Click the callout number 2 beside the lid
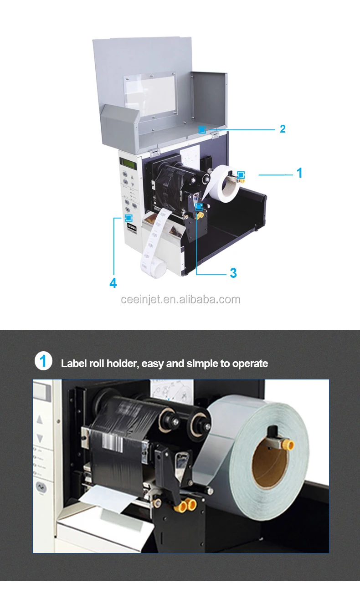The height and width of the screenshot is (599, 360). point(283,129)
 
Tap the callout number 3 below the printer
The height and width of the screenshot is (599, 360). point(233,273)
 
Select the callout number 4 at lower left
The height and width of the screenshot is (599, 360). point(113,283)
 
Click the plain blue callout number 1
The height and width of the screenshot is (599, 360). point(299,173)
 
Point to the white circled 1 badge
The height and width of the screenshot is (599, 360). point(43,361)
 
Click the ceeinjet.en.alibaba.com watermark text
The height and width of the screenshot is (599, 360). point(180,299)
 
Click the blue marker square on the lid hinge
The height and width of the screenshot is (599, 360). point(202,129)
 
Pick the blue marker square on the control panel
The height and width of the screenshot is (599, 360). point(128,218)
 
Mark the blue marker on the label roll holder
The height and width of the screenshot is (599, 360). point(241,174)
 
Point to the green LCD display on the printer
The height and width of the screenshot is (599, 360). point(128,162)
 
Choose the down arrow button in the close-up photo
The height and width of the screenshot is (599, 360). point(40,438)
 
